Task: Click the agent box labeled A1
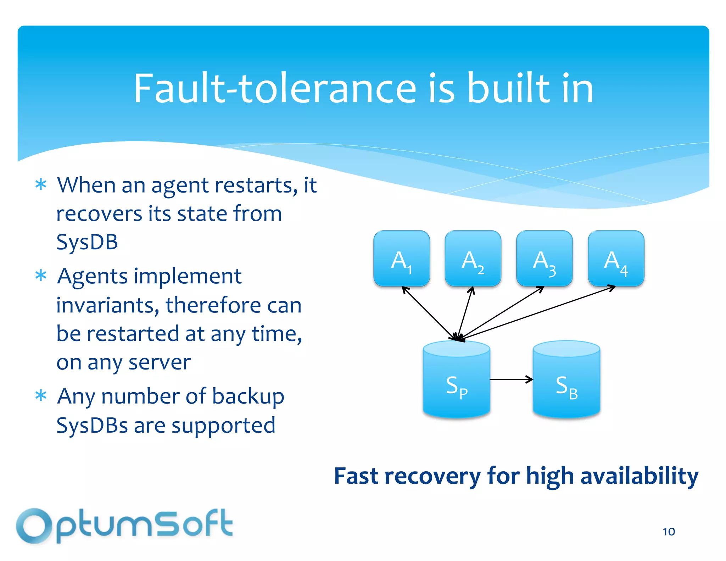(x=402, y=258)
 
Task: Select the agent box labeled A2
(x=473, y=258)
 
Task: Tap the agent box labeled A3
(x=544, y=258)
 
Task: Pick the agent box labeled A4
(x=616, y=258)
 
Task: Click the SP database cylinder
(x=457, y=381)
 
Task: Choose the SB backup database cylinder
(x=566, y=381)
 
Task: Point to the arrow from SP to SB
(x=511, y=379)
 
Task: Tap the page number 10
(x=669, y=532)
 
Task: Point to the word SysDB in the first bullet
(x=87, y=242)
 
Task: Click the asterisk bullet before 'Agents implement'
(x=41, y=276)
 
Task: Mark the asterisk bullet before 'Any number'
(x=41, y=395)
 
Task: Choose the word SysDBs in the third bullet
(x=92, y=425)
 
